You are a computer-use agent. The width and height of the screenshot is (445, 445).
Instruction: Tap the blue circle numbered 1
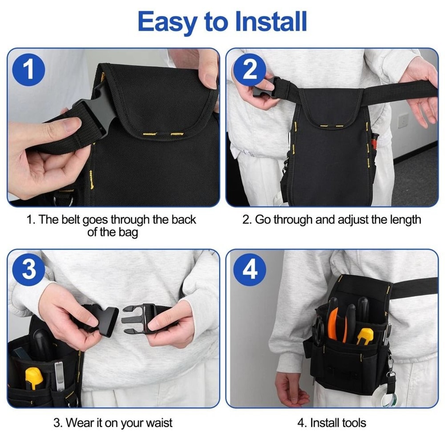[x=29, y=70]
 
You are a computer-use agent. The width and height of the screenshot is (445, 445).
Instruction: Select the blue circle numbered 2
[x=250, y=70]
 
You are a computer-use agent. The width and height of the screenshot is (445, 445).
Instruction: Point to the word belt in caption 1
[x=72, y=220]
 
